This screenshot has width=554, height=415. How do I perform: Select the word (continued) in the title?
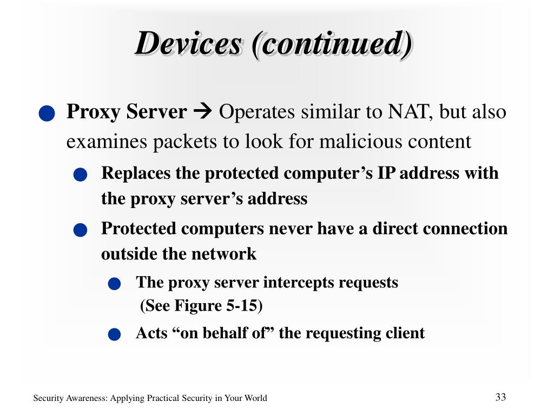332,44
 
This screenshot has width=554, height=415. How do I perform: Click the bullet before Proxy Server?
47,114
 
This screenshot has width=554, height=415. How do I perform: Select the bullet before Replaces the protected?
81,175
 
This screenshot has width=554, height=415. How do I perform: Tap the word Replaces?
135,173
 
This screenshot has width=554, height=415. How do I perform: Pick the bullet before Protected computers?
81,230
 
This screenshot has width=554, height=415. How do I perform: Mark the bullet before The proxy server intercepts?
114,284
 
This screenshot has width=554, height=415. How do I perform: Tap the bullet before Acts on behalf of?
114,335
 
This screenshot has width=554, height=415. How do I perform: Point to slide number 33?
500,397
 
